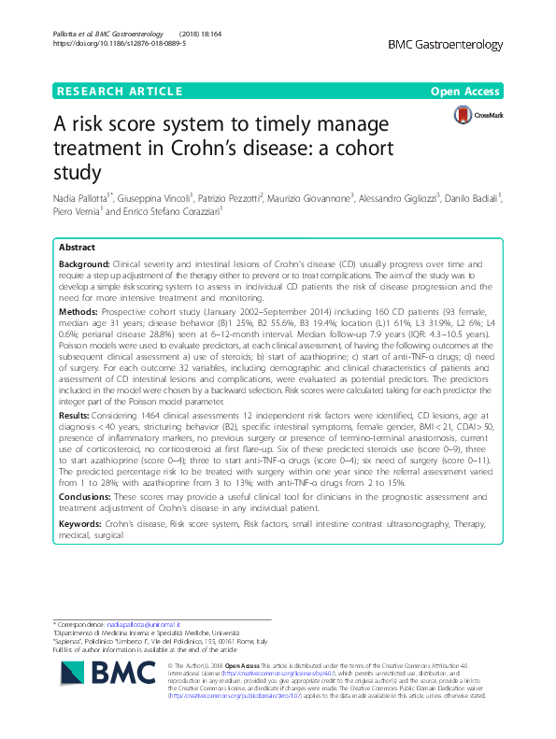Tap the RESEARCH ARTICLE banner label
point(119,91)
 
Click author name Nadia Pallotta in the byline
point(85,197)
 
